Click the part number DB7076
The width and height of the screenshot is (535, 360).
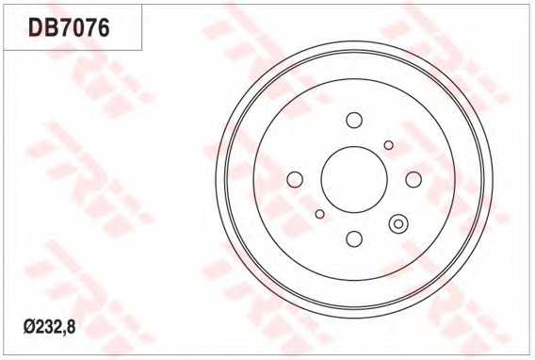pyautogui.click(x=69, y=27)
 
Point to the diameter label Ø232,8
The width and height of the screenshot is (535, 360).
pyautogui.click(x=50, y=327)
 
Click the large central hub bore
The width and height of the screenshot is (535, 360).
pyautogui.click(x=354, y=179)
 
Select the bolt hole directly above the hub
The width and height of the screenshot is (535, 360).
pyautogui.click(x=354, y=120)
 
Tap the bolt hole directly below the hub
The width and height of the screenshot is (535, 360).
pyautogui.click(x=354, y=238)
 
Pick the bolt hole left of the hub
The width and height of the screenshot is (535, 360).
pyautogui.click(x=295, y=179)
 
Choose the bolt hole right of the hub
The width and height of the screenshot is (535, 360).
pyautogui.click(x=413, y=179)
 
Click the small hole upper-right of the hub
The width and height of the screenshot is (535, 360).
pyautogui.click(x=389, y=145)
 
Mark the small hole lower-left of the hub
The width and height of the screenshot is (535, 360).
pyautogui.click(x=319, y=214)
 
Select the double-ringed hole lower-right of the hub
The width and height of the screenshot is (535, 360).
pyautogui.click(x=398, y=224)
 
